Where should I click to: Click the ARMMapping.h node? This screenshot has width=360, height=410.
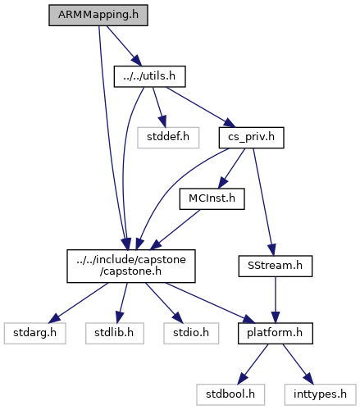point(98,16)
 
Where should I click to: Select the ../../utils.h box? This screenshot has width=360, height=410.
point(150,76)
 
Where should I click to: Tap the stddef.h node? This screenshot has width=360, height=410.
point(168,138)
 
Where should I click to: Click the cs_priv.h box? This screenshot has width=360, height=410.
point(252,138)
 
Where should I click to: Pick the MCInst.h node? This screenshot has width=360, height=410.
point(212,198)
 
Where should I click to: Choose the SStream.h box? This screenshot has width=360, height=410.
point(276,266)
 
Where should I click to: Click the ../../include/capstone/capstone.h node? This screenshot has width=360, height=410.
point(131,266)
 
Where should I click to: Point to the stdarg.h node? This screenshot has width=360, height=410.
point(35,333)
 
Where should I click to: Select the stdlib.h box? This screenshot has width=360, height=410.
point(115,333)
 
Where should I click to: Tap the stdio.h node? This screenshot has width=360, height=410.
point(191,333)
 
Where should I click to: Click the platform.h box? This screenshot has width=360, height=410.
point(276,333)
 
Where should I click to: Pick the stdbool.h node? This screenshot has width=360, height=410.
point(230,394)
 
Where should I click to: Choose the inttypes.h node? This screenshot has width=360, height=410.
point(321,394)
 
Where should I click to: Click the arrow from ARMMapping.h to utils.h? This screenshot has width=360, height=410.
point(124,46)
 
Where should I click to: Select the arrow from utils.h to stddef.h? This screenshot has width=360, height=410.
point(159,107)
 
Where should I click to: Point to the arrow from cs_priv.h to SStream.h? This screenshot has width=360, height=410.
point(263,203)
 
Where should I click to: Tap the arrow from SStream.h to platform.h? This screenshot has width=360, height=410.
point(276,300)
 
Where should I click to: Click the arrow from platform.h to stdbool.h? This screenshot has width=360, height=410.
point(253,364)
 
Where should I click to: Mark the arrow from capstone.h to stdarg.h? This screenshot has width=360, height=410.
point(80,303)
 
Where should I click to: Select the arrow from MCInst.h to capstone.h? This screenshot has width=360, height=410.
point(175,230)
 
